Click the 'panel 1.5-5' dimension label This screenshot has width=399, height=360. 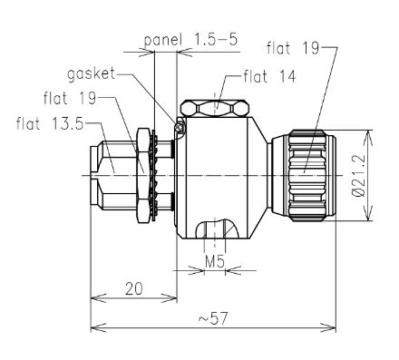click(191, 40)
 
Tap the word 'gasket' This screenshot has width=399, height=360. click(92, 73)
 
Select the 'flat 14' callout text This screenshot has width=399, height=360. click(269, 76)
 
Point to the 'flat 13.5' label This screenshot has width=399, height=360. click(50, 123)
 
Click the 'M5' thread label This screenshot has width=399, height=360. click(215, 261)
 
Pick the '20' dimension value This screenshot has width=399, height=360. click(133, 288)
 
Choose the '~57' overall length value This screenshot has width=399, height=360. click(213, 318)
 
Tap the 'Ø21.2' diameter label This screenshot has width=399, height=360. click(359, 175)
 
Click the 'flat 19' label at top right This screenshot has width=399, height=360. click(293, 48)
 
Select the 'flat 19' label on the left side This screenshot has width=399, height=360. click(70, 98)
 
